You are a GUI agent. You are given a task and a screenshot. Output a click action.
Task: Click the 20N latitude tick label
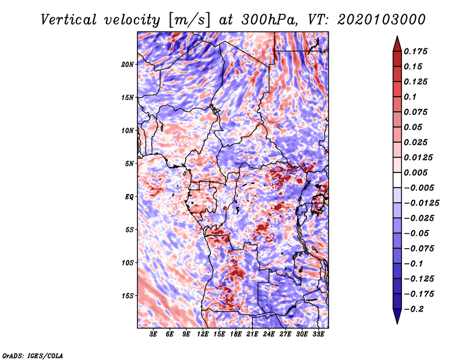pyautogui.click(x=128, y=64)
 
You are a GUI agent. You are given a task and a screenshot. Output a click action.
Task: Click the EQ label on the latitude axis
pyautogui.click(x=129, y=197)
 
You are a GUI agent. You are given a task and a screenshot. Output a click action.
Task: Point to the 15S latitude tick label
pyautogui.click(x=128, y=296)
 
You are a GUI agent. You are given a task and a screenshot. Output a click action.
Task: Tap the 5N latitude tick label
pyautogui.click(x=129, y=164)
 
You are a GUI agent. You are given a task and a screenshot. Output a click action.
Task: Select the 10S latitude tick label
pyautogui.click(x=128, y=263)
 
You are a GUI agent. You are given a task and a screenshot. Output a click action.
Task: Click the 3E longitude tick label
pyautogui.click(x=154, y=335)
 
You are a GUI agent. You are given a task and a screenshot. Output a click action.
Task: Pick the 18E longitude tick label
pyautogui.click(x=236, y=335)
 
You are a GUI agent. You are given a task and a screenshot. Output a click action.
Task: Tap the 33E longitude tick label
pyautogui.click(x=318, y=335)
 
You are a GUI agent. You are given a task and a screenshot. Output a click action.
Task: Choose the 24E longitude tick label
pyautogui.click(x=269, y=335)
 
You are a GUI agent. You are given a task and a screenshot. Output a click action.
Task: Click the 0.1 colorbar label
pyautogui.click(x=410, y=97)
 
